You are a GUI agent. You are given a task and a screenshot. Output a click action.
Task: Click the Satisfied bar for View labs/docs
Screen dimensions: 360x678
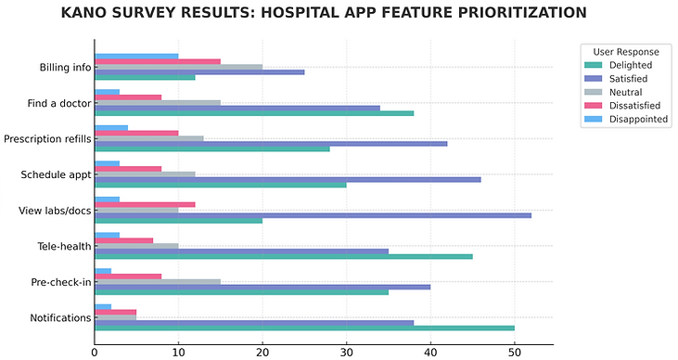coord(313,214)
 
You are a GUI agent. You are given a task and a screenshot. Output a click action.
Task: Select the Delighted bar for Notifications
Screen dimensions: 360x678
coord(304,328)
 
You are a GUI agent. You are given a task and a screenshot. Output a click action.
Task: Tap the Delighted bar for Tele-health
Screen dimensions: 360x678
coord(283,256)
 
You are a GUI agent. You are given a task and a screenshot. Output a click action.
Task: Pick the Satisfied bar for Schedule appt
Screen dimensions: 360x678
coord(288,178)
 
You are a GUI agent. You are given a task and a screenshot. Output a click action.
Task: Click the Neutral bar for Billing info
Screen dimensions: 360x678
coord(178,67)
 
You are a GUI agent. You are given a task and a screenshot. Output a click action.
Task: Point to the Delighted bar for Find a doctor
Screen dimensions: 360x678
coord(254,113)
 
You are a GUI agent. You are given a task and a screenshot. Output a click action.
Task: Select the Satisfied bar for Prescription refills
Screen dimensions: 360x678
coord(271,143)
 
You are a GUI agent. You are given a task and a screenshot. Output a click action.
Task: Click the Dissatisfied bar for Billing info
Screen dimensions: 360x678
coord(158,61)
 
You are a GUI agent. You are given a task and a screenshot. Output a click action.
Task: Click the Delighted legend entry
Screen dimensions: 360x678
coord(630,65)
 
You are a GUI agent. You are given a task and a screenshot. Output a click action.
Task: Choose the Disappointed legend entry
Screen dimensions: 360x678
coord(637,119)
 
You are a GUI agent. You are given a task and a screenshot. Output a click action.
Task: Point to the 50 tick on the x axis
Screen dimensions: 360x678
coord(514,353)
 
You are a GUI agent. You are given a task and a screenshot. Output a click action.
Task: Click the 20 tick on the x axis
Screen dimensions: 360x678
coord(262,353)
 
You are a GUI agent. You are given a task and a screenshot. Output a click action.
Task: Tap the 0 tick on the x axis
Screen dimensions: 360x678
coord(95,353)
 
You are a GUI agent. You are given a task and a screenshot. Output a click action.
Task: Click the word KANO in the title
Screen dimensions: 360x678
coord(85,13)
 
